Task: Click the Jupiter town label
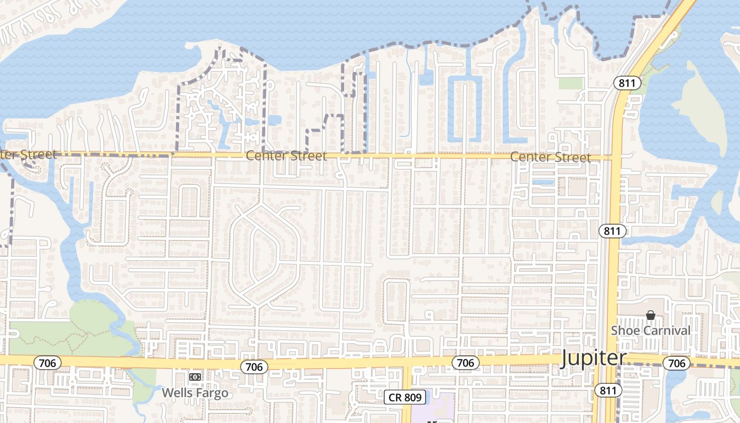[593, 358]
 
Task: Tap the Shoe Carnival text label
[651, 330]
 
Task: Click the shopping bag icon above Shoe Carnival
[651, 315]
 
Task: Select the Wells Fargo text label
[195, 393]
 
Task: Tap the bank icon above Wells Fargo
[195, 377]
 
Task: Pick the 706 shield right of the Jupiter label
[677, 363]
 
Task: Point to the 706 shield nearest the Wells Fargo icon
[254, 366]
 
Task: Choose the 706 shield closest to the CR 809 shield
[465, 362]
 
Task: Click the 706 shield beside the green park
[47, 363]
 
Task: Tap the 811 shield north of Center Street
[627, 83]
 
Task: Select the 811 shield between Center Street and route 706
[613, 231]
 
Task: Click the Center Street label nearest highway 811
[550, 157]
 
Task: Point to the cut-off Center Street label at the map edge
[27, 154]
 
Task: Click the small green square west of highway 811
[570, 83]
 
